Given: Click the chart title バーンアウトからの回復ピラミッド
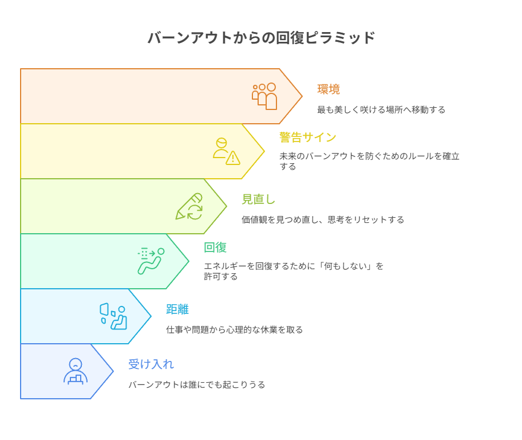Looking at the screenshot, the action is tap(262, 37).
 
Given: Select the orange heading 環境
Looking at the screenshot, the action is tap(329, 89).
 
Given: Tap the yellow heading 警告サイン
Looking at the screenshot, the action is tap(307, 137).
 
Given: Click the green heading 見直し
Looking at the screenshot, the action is tap(258, 199).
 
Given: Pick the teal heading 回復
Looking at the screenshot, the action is tap(215, 247).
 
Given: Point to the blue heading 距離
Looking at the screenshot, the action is tap(177, 309).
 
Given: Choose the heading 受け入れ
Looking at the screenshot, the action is tap(151, 364).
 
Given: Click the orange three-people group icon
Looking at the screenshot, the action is tap(264, 96).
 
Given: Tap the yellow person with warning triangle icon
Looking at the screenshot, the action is tap(227, 151).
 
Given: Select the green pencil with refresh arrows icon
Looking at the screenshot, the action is tap(189, 206).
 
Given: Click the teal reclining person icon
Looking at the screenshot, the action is tap(151, 261).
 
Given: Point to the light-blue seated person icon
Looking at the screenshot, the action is tap(113, 316).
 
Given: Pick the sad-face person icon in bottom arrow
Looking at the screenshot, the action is tap(76, 371).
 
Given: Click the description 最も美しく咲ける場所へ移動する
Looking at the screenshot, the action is tap(381, 109).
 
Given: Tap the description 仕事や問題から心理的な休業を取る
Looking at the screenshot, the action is tap(234, 329).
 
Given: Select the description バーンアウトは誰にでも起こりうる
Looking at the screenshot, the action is tap(197, 384).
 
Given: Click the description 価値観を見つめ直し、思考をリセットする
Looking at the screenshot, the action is tap(323, 219).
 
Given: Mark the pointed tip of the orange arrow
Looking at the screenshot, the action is tap(302, 96).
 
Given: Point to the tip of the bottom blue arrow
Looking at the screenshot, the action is tap(113, 371).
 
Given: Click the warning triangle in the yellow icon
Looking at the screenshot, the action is tap(233, 158).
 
